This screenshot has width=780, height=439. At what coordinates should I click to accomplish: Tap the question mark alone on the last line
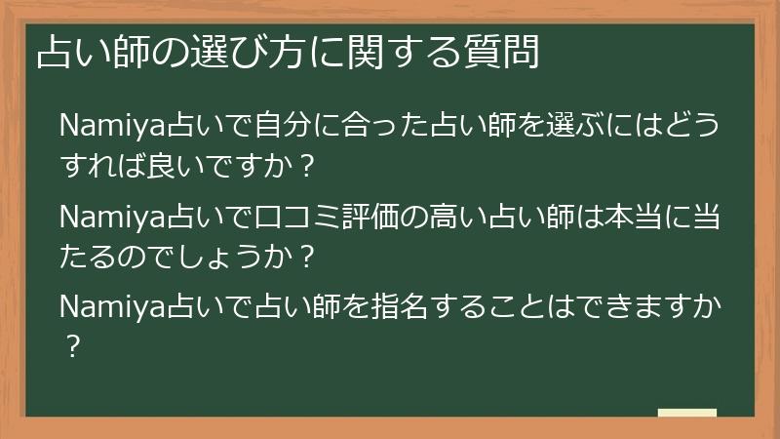(x=70, y=343)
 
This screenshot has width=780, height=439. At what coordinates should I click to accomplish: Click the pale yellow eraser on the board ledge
(x=687, y=413)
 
